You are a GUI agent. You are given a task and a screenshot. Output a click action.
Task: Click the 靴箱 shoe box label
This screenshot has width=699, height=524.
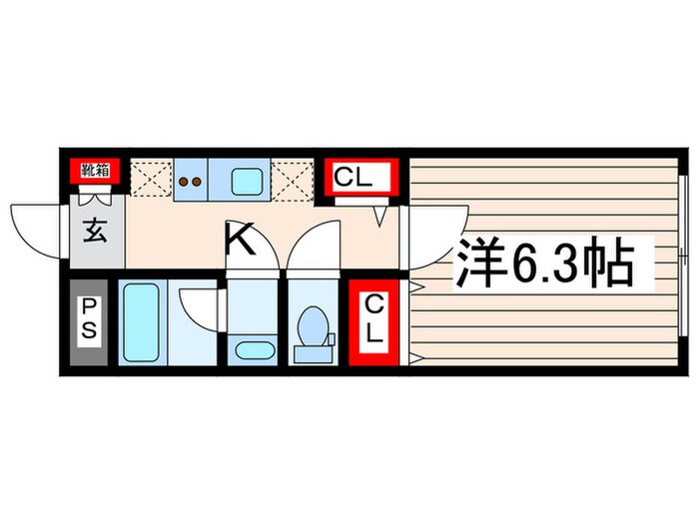[95, 171]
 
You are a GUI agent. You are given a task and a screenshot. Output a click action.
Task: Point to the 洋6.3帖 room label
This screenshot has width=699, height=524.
[543, 263]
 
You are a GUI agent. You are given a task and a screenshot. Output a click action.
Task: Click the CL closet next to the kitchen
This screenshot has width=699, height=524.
[361, 177]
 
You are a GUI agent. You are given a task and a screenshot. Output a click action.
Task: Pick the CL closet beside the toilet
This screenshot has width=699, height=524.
[373, 322]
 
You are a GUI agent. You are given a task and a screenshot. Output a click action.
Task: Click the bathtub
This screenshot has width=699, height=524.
[142, 322]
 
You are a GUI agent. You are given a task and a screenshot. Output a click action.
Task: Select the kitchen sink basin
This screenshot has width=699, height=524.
[247, 181]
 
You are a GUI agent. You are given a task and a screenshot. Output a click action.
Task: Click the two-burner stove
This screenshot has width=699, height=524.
[191, 180]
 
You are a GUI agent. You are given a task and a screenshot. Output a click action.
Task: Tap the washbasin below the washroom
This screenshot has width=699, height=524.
[255, 350]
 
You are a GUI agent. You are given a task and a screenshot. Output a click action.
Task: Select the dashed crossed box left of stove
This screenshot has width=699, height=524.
[151, 179]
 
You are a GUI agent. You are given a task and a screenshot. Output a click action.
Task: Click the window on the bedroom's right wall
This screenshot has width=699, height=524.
[682, 256]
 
